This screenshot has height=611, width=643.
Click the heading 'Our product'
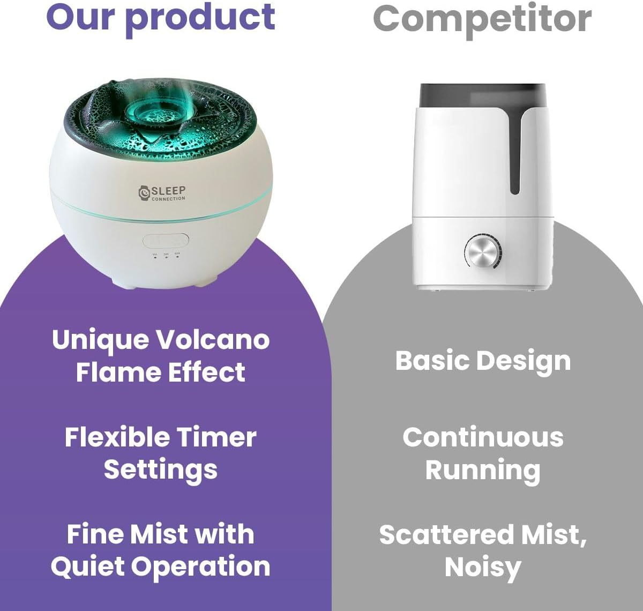(161, 17)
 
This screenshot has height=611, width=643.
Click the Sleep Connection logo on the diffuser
(162, 193)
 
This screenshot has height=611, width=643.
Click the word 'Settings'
(161, 470)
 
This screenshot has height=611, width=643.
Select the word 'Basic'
(432, 361)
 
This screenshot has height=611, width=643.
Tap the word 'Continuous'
(483, 437)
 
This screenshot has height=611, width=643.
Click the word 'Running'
(483, 471)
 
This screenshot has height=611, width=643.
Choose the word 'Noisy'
(483, 568)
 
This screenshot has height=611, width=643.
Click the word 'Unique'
(100, 340)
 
